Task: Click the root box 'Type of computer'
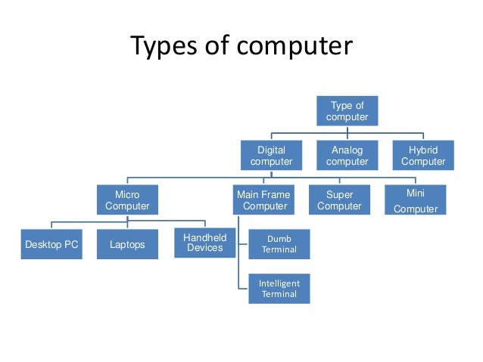click(x=347, y=111)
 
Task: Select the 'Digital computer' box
click(x=271, y=156)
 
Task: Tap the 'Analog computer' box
click(x=347, y=156)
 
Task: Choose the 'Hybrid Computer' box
click(x=423, y=156)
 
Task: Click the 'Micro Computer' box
click(x=127, y=200)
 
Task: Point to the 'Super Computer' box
click(x=339, y=200)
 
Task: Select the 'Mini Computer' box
click(x=416, y=200)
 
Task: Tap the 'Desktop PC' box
click(x=51, y=245)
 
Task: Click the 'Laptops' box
click(x=127, y=245)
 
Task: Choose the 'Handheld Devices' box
click(x=204, y=243)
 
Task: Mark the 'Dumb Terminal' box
click(x=279, y=243)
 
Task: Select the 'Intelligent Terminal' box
click(x=279, y=289)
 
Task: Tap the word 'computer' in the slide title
click(x=298, y=47)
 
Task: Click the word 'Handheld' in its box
click(x=204, y=237)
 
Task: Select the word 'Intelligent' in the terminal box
click(x=279, y=283)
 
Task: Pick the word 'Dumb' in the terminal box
click(x=279, y=238)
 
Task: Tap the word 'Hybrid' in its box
click(x=423, y=150)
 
